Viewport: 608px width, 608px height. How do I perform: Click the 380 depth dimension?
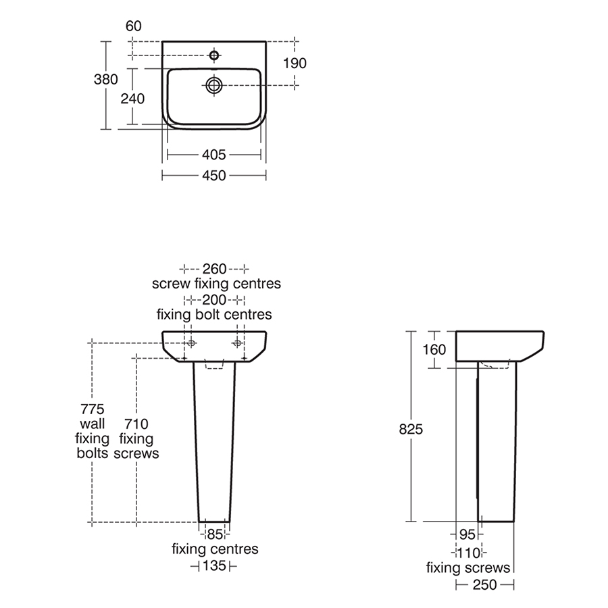105,80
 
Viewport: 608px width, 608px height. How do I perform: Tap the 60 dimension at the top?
134,26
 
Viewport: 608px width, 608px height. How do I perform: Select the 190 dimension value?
295,64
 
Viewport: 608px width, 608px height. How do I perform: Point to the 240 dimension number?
132,99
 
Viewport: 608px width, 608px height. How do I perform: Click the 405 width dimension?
214,155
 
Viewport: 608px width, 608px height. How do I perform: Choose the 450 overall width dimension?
214,176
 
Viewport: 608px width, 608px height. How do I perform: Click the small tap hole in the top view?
214,55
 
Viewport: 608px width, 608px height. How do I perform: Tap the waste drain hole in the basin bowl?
214,85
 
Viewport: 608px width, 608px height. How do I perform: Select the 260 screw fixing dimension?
214,269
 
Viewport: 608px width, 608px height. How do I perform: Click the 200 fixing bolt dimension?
214,300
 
